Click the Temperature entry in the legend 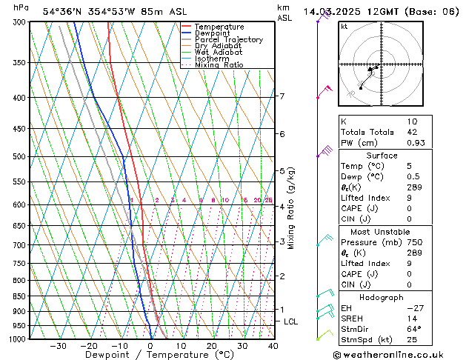point(219,27)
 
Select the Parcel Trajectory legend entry point(228,40)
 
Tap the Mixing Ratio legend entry point(219,65)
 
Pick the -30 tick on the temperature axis point(57,346)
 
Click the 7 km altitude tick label point(282,96)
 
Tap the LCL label point(290,321)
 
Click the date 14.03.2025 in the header point(333,11)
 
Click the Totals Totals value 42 point(412,132)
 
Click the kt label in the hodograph point(344,26)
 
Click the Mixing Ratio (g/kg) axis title point(292,208)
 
